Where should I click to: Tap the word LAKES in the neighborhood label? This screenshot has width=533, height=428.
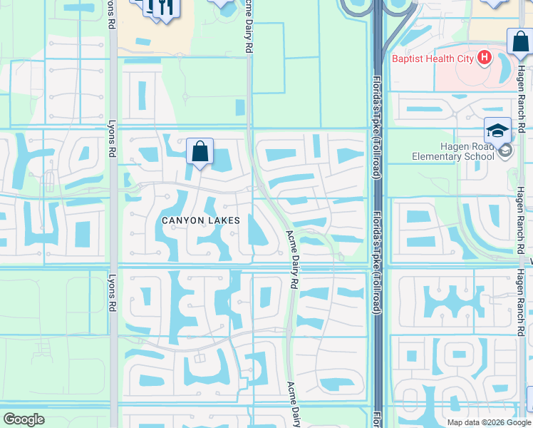click(x=224, y=220)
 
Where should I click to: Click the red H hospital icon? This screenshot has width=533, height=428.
click(x=485, y=58)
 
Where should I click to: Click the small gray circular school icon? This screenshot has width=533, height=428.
click(x=506, y=150)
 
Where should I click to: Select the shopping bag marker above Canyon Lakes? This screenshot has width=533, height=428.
click(x=200, y=151)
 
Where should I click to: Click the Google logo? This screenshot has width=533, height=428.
click(x=24, y=419)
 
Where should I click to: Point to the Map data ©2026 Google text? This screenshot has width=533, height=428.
click(x=489, y=422)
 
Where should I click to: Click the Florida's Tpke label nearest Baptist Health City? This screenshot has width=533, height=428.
click(x=376, y=100)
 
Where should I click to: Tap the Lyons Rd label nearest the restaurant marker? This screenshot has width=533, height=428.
click(x=110, y=14)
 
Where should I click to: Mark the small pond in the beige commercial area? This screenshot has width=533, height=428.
click(x=144, y=43)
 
